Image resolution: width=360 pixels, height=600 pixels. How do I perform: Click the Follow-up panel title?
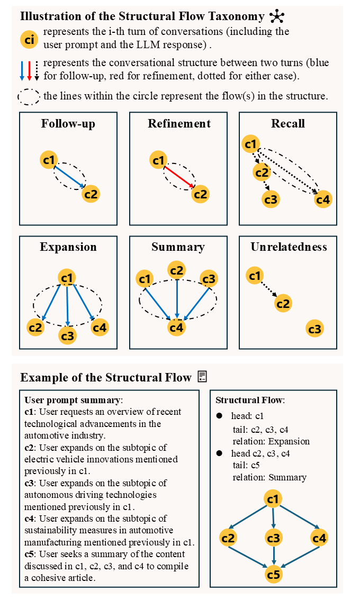(68, 124)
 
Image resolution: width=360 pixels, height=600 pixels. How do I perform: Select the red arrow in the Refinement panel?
(178, 176)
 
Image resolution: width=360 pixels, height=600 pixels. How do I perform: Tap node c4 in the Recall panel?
(323, 199)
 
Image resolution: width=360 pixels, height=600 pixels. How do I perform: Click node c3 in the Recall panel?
(272, 199)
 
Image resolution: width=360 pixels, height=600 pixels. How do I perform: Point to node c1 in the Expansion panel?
(67, 277)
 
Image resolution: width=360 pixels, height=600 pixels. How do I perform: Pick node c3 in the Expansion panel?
(67, 335)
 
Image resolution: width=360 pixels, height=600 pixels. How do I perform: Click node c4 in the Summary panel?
(177, 328)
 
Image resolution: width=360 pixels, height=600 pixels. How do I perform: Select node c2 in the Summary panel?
(177, 270)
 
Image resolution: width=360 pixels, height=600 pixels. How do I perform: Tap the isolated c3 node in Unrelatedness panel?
(314, 330)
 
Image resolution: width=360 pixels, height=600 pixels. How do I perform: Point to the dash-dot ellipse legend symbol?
(29, 97)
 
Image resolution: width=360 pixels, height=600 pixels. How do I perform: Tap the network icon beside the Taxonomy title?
(276, 16)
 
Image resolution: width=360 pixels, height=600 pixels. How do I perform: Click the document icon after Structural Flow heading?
(202, 376)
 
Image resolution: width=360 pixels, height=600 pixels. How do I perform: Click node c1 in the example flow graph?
(273, 499)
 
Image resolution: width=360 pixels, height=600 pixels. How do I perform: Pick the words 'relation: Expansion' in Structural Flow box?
(271, 441)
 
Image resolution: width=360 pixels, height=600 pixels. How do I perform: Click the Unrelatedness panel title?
(289, 247)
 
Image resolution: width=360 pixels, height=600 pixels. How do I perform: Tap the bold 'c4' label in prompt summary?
(30, 519)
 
